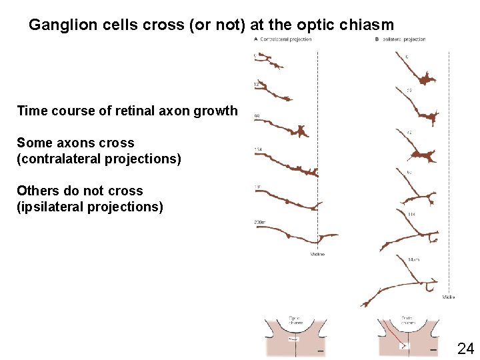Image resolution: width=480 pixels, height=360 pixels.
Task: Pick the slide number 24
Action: click(x=465, y=348)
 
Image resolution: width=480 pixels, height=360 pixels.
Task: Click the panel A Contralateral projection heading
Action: click(x=283, y=39)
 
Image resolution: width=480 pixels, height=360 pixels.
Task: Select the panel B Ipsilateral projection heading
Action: click(x=401, y=39)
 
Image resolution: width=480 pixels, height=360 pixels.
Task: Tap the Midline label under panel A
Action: click(x=317, y=254)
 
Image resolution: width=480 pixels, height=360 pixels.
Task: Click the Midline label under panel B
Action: click(x=448, y=297)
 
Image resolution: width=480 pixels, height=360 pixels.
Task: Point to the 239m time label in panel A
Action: click(x=259, y=221)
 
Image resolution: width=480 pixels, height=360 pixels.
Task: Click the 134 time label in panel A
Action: click(x=258, y=149)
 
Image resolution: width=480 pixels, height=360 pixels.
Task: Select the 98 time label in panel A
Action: click(x=257, y=116)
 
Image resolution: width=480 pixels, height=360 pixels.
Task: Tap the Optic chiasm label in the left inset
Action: click(x=296, y=320)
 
